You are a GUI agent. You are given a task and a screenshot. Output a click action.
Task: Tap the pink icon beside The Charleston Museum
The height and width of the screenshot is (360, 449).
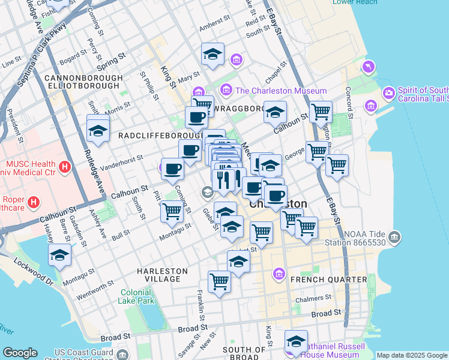click(226, 91)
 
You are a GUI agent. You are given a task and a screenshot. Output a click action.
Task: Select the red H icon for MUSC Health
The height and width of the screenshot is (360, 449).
click(64, 165)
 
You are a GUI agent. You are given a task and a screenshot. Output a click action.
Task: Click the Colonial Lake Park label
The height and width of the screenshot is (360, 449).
click(136, 296)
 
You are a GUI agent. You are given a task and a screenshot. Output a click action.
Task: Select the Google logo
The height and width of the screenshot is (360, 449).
click(20, 353)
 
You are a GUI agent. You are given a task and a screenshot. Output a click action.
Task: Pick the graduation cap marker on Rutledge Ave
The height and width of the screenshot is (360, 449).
click(98, 130)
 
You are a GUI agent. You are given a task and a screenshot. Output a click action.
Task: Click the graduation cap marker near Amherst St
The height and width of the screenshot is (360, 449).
click(212, 55)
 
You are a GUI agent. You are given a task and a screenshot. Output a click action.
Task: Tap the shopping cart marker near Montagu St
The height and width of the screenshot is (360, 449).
click(172, 211)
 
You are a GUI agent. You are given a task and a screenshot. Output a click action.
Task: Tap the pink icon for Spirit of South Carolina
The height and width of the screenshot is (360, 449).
click(388, 93)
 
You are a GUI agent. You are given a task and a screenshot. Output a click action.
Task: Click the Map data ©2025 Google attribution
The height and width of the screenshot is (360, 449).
click(412, 355)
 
